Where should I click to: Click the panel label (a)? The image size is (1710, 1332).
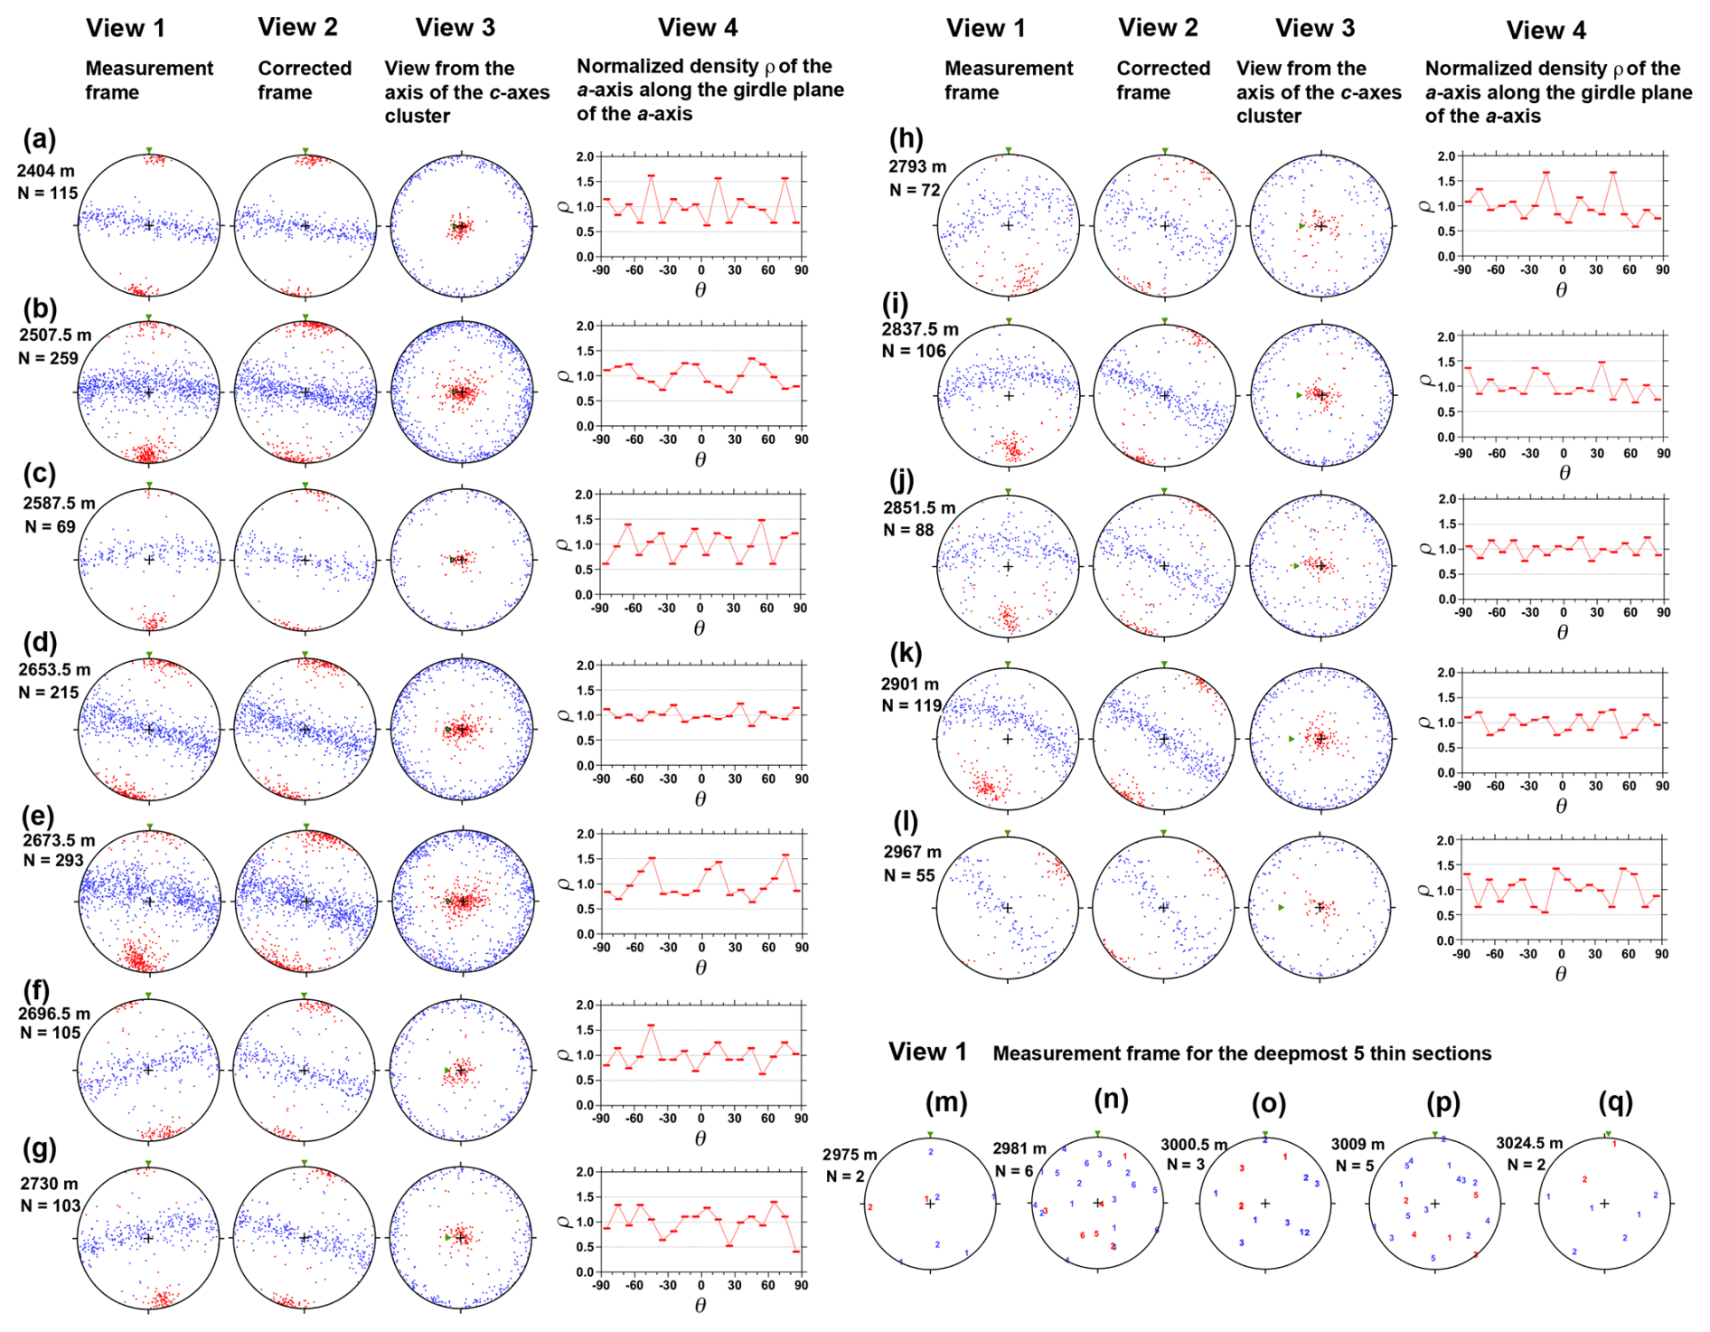pyautogui.click(x=40, y=139)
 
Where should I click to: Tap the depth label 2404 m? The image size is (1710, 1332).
pyautogui.click(x=45, y=171)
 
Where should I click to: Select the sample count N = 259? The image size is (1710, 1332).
pyautogui.click(x=48, y=358)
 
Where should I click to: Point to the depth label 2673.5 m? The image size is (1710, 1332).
pyautogui.click(x=59, y=840)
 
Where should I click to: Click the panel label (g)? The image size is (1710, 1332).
pyautogui.click(x=40, y=1149)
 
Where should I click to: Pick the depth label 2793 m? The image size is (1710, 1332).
pyautogui.click(x=917, y=166)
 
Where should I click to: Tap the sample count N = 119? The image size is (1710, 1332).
pyautogui.click(x=911, y=705)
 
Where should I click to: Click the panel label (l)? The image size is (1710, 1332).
pyautogui.click(x=905, y=822)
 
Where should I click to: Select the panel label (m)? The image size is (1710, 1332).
pyautogui.click(x=946, y=1102)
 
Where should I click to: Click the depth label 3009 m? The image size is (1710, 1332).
pyautogui.click(x=1358, y=1144)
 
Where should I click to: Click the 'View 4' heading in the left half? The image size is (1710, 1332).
pyautogui.click(x=698, y=28)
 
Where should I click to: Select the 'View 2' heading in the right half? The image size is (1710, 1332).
pyautogui.click(x=1158, y=28)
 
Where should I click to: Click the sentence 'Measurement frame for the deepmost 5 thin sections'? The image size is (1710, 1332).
pyautogui.click(x=1242, y=1053)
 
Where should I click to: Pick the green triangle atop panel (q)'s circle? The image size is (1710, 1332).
pyautogui.click(x=1608, y=1134)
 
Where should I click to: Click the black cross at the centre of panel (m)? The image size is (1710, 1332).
pyautogui.click(x=930, y=1204)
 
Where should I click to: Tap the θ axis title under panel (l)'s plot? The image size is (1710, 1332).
pyautogui.click(x=1561, y=974)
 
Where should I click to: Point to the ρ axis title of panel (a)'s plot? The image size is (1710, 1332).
pyautogui.click(x=567, y=206)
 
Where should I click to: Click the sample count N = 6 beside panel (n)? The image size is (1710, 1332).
pyautogui.click(x=1014, y=1171)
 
